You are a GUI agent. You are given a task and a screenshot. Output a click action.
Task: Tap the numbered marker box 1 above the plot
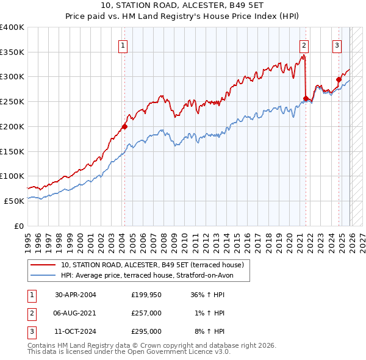124,45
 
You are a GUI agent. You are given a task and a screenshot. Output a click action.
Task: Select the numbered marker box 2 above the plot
304,45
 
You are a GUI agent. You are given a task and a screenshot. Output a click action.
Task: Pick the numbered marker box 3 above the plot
337,45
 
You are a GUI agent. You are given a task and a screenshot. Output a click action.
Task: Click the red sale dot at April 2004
124,127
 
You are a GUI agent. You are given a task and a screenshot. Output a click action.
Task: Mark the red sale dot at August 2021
306,98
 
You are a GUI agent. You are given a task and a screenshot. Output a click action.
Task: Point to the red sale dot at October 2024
339,79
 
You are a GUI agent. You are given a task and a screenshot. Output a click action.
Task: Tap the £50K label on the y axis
14,201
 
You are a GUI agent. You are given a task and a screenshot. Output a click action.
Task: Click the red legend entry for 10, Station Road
152,265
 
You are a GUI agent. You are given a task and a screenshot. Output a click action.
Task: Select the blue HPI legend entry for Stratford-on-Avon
156,275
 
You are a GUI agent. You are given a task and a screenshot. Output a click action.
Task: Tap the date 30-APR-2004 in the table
76,295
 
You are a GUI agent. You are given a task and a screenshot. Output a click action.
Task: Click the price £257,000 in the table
146,313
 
